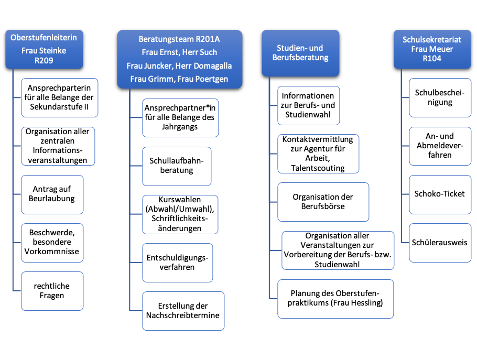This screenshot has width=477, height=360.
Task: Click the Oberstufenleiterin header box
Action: tap(44, 49)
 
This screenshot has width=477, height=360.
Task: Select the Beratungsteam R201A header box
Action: tap(179, 59)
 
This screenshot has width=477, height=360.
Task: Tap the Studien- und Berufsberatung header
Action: tap(300, 53)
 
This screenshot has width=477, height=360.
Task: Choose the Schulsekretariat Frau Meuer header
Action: tap(432, 49)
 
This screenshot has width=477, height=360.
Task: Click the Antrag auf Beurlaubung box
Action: tap(52, 194)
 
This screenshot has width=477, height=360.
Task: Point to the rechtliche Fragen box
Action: tap(52, 291)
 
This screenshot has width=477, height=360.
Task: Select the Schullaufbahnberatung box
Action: tap(177, 166)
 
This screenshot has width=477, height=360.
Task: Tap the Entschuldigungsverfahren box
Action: tap(177, 263)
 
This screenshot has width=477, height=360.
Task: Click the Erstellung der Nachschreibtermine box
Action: tap(183, 311)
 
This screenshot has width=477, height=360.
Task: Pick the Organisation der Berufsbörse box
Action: tap(323, 202)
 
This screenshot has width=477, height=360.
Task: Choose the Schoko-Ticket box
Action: tap(440, 194)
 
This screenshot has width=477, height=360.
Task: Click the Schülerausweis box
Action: tap(440, 243)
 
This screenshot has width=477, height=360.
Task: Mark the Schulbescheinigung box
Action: tap(440, 97)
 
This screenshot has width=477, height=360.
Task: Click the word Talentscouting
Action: tap(318, 168)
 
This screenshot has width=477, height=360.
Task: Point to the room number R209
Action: tap(44, 60)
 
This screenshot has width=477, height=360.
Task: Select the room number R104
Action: tap(432, 58)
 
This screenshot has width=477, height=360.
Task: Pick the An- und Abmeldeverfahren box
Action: tap(440, 146)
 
